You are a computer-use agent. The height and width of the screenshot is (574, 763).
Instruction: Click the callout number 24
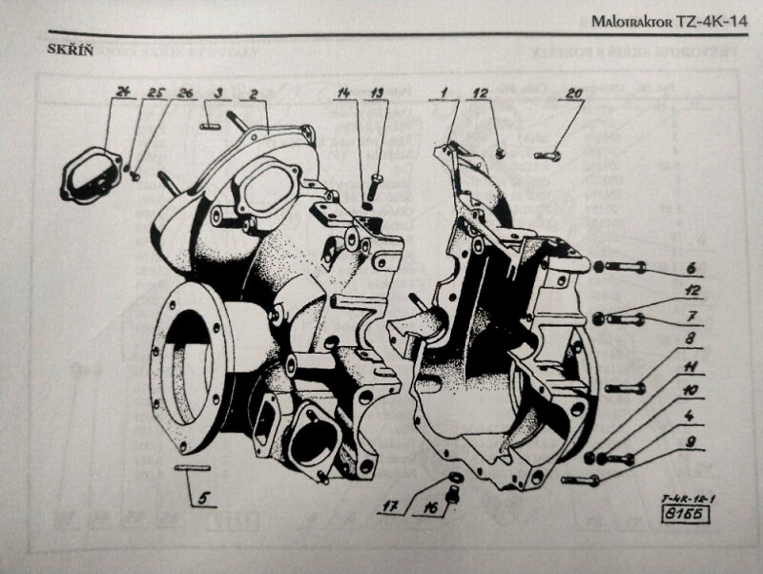122,92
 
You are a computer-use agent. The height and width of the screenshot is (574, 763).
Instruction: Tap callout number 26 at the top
186,92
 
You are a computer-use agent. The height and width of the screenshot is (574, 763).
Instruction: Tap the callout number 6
691,269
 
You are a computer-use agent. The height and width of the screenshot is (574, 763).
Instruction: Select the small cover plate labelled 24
86,176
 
